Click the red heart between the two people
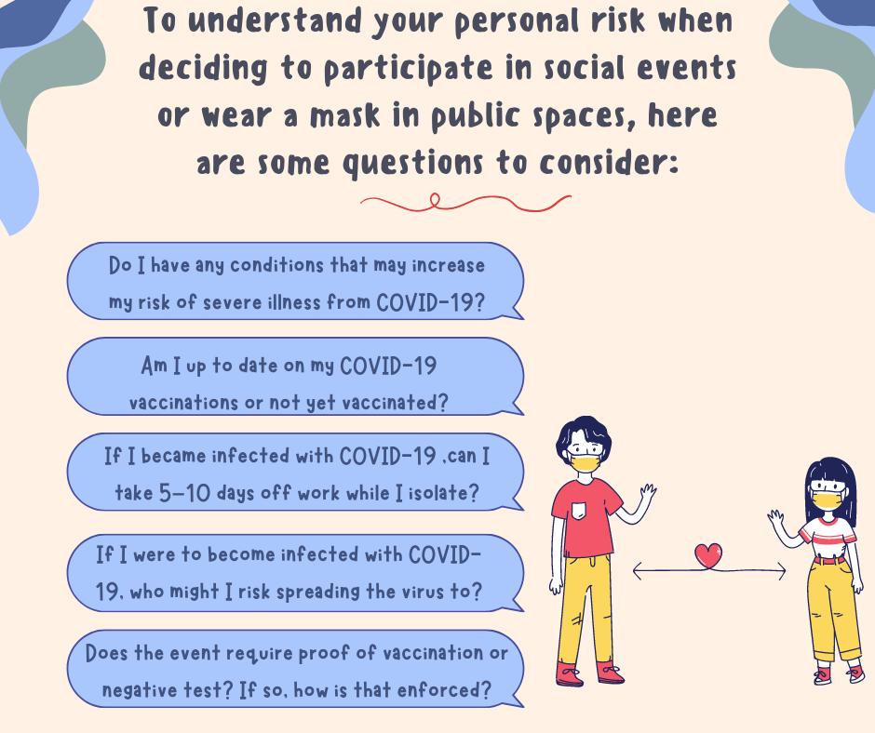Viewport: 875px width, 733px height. tap(708, 555)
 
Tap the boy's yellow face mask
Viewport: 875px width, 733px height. tap(586, 462)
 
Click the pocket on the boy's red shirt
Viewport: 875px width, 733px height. tap(580, 511)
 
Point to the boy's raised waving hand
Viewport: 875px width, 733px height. tap(647, 493)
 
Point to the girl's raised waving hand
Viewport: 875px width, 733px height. tap(775, 518)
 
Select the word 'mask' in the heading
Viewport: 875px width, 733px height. tap(345, 116)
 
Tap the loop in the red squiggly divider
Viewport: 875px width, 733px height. tap(435, 199)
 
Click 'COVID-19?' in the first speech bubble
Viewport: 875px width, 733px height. tap(430, 303)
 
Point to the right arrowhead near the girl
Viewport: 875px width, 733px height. tap(782, 571)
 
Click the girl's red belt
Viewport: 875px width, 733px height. tap(828, 559)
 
